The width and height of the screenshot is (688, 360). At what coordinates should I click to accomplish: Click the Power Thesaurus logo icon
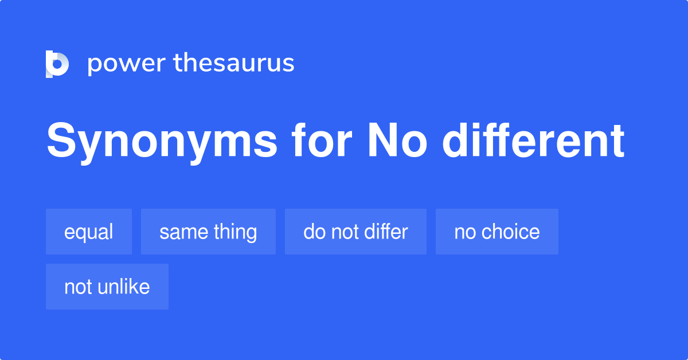(57, 64)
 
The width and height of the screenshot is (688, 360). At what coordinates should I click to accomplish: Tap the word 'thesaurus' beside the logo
(234, 64)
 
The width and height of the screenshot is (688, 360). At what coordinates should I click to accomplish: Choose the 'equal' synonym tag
(89, 232)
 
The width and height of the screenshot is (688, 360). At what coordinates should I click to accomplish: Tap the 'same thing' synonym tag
(208, 232)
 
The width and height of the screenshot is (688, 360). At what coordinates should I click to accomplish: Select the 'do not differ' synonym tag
(355, 232)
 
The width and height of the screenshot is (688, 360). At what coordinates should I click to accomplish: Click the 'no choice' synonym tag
(497, 232)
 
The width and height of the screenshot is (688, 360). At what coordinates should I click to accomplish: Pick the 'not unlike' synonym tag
(107, 287)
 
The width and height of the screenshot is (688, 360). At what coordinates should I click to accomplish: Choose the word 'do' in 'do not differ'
(313, 232)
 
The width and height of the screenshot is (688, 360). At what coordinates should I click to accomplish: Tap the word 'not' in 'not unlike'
(77, 287)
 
